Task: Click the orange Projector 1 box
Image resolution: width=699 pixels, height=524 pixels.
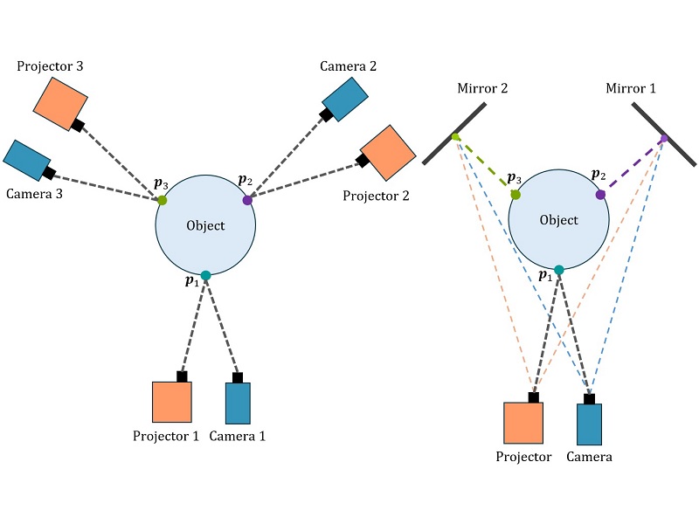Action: (x=172, y=403)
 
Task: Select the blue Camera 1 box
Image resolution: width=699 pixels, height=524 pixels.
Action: (x=238, y=403)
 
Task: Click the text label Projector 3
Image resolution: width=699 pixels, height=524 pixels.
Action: (x=51, y=66)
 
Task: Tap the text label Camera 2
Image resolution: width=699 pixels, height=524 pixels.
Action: (x=348, y=66)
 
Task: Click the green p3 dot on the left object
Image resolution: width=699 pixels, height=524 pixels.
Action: (x=162, y=201)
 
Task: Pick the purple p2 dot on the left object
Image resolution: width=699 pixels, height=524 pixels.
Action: (x=247, y=200)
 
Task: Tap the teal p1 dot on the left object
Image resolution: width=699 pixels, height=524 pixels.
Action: (x=205, y=276)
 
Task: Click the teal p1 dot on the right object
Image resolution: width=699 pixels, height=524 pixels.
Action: (x=558, y=270)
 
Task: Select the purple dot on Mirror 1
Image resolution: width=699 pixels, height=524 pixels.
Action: (x=663, y=138)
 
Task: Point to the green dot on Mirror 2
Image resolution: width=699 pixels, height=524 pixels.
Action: (x=455, y=136)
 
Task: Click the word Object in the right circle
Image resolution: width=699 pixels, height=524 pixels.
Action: (x=558, y=220)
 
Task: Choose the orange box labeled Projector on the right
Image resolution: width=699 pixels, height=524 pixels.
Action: (x=523, y=424)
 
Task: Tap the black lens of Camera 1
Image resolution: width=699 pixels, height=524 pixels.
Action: (x=238, y=378)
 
